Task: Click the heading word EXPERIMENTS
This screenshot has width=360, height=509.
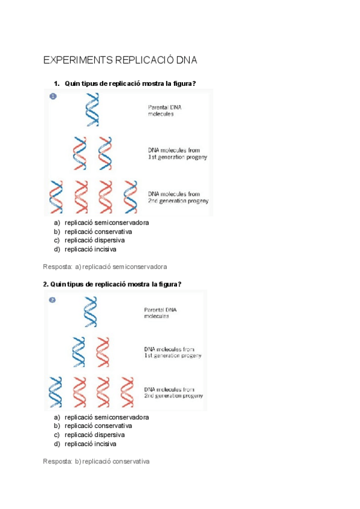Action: pos(77,61)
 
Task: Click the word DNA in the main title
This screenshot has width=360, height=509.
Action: pos(186,61)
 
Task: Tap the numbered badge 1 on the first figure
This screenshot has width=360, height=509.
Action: pos(53,96)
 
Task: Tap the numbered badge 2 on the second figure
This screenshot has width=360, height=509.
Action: pos(52,300)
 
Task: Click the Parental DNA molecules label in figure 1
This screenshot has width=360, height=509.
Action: pos(164,110)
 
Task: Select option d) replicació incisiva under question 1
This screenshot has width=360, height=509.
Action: pos(91,249)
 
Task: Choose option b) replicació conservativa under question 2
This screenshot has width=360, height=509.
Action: pos(98,426)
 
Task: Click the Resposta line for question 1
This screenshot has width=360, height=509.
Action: pos(105,266)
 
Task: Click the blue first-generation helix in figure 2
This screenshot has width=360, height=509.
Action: pos(79,352)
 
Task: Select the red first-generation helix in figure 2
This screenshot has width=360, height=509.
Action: pos(103,352)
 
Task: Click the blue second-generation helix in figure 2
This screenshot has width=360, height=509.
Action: pos(56,393)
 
